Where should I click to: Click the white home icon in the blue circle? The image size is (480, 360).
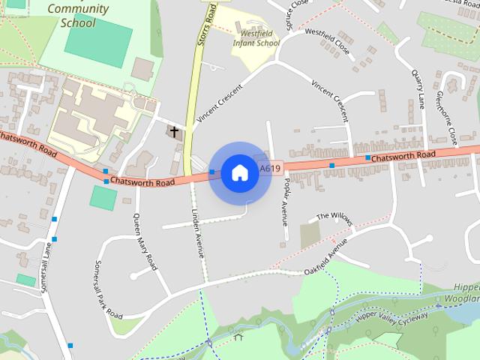click(239, 172)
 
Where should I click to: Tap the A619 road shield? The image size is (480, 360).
click(270, 169)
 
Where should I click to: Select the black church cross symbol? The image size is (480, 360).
click(175, 132)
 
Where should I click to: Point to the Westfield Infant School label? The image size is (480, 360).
click(256, 38)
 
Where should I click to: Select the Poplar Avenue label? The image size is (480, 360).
click(284, 203)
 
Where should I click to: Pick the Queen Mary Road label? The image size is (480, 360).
click(145, 242)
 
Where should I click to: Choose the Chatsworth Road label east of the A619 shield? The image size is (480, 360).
click(403, 155)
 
